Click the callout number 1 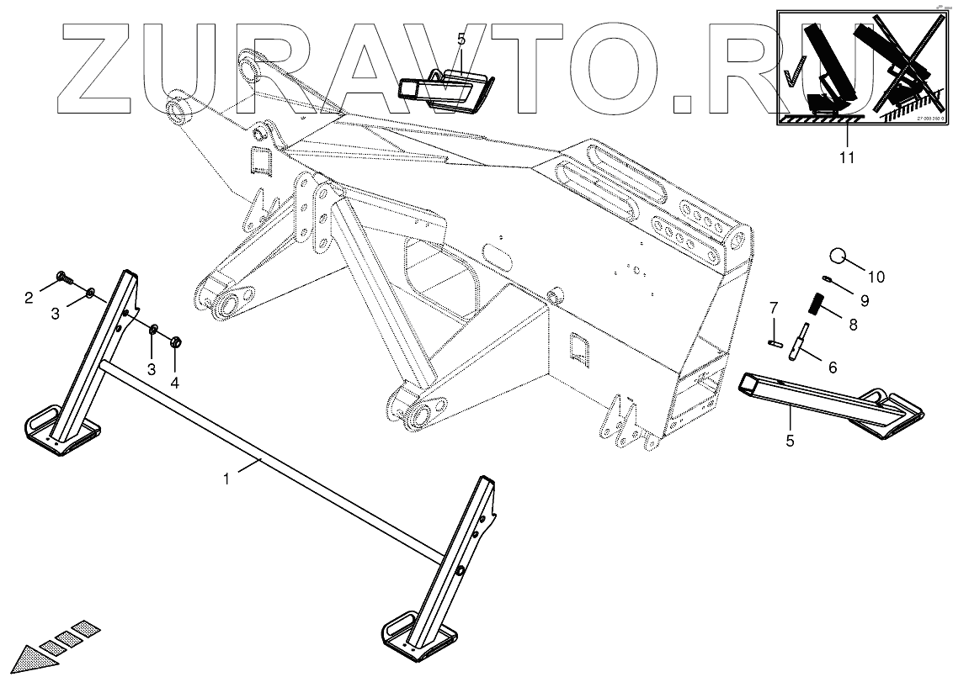pyautogui.click(x=226, y=479)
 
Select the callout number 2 pyautogui.click(x=28, y=296)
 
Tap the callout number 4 pyautogui.click(x=174, y=383)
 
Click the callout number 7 pyautogui.click(x=775, y=309)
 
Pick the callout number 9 pyautogui.click(x=864, y=300)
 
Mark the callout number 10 pyautogui.click(x=876, y=276)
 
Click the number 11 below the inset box pyautogui.click(x=846, y=157)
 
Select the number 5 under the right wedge pyautogui.click(x=790, y=439)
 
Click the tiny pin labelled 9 pyautogui.click(x=828, y=281)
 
